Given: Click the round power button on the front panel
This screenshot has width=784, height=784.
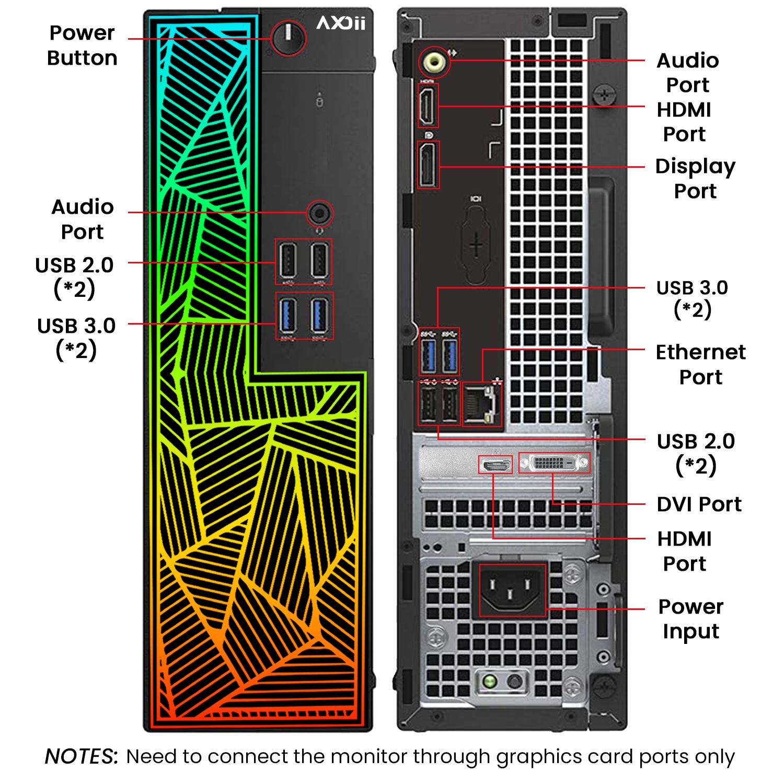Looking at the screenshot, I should (288, 38).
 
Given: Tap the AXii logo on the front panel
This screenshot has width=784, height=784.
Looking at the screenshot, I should (341, 23).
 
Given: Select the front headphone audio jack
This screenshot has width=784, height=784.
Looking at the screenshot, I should (319, 213).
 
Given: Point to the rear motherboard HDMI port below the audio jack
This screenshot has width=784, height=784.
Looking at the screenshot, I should (428, 106).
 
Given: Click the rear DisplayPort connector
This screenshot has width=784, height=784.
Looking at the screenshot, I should (429, 165).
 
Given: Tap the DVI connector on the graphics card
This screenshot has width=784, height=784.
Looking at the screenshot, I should (554, 463).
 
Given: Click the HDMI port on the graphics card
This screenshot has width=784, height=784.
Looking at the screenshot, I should (495, 464).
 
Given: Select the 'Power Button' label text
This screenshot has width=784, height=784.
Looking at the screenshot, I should (82, 45).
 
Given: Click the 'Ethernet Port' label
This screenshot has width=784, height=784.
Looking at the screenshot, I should (700, 364).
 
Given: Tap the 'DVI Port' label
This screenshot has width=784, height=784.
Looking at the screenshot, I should (699, 504).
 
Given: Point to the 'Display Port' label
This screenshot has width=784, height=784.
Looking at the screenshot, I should (695, 178).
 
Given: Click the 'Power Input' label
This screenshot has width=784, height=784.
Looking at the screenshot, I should (691, 619).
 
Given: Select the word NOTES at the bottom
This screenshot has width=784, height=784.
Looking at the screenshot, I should (81, 756).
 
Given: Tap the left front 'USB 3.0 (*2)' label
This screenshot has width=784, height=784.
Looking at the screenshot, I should (76, 338).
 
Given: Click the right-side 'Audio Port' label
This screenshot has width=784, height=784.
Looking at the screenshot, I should (687, 73).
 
